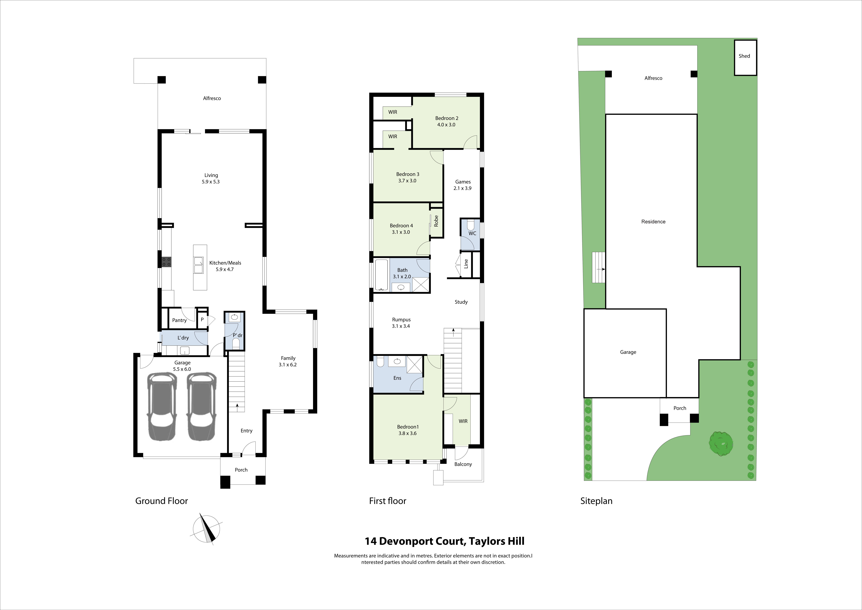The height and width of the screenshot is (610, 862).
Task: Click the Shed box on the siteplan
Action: pos(745,57)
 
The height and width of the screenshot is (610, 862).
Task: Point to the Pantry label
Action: pos(180,320)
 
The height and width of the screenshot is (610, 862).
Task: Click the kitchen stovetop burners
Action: pos(166,262)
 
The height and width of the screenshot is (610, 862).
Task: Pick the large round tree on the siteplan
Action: pos(721,443)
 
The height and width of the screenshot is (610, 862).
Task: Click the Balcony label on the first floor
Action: pos(463,464)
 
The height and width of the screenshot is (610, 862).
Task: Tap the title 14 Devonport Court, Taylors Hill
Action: pos(445,541)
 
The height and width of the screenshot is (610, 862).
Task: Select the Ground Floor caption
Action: pos(161,501)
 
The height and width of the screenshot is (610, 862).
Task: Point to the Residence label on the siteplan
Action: pos(653,222)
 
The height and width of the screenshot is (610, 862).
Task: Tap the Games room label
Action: pos(463,182)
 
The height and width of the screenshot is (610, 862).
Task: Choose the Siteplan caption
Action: pos(596,501)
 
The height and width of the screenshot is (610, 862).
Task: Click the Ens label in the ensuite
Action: pos(397,378)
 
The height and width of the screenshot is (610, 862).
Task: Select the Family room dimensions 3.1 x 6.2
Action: pos(288,365)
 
